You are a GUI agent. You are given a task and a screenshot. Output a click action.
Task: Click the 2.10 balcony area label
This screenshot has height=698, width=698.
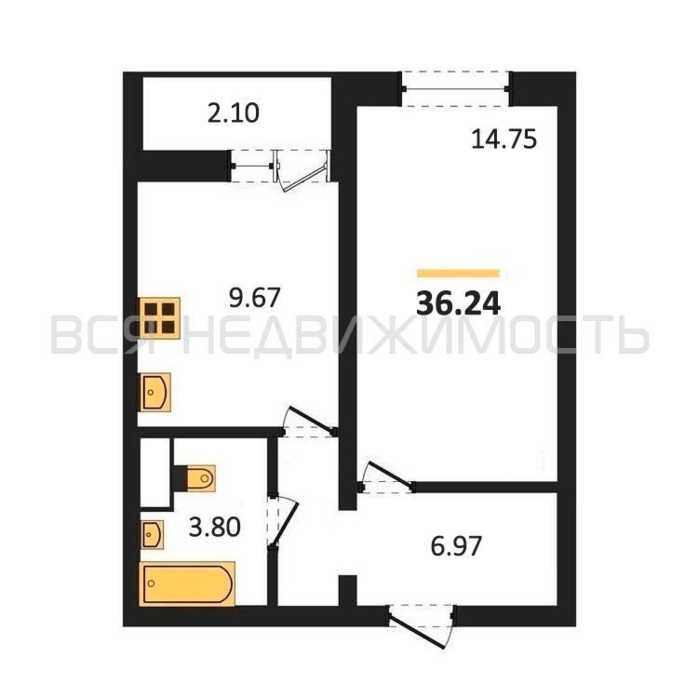(x=233, y=113)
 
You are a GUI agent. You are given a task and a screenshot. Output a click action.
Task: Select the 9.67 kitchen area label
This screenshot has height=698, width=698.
(x=255, y=298)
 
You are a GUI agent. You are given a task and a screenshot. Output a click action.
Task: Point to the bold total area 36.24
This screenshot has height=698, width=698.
(x=458, y=304)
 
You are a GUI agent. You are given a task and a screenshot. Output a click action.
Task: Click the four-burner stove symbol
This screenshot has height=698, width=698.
(x=159, y=318)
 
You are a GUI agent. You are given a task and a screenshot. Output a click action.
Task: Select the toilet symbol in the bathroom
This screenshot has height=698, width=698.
(x=195, y=478)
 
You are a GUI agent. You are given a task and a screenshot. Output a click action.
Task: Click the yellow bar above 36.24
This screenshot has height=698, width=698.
(x=458, y=273)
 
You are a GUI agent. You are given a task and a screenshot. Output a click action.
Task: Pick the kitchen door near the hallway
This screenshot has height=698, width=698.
(x=309, y=423)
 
